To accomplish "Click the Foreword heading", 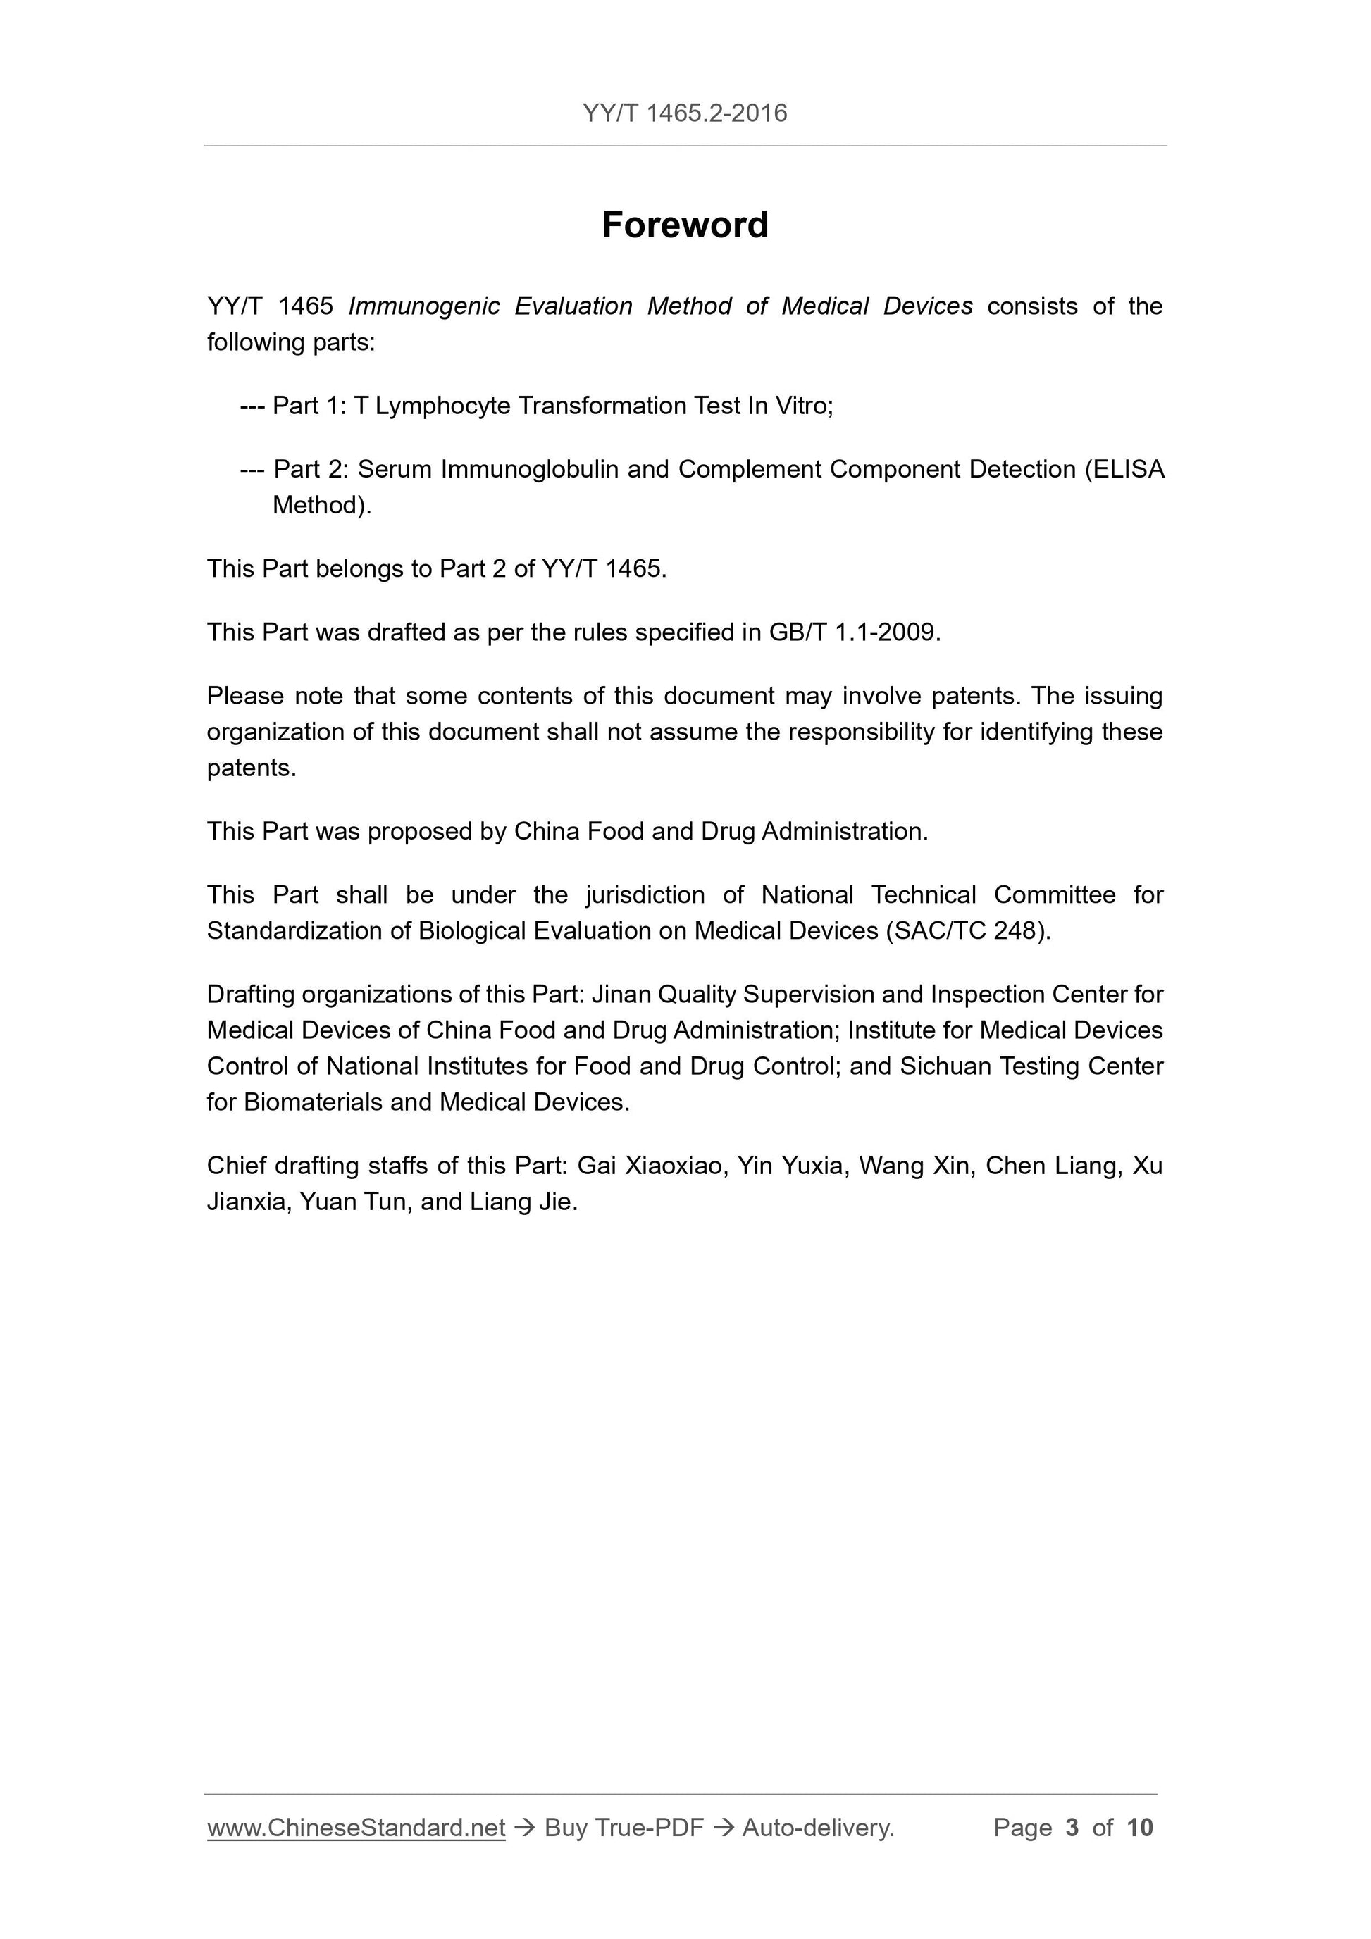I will point(684,225).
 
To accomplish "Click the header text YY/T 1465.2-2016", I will point(684,113).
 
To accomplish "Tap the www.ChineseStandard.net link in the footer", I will point(356,1828).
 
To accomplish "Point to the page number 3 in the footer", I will point(1072,1828).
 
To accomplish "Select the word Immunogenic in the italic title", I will point(423,306).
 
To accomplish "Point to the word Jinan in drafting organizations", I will point(621,995).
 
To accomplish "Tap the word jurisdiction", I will point(645,895).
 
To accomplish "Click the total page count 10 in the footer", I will point(1139,1828).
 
